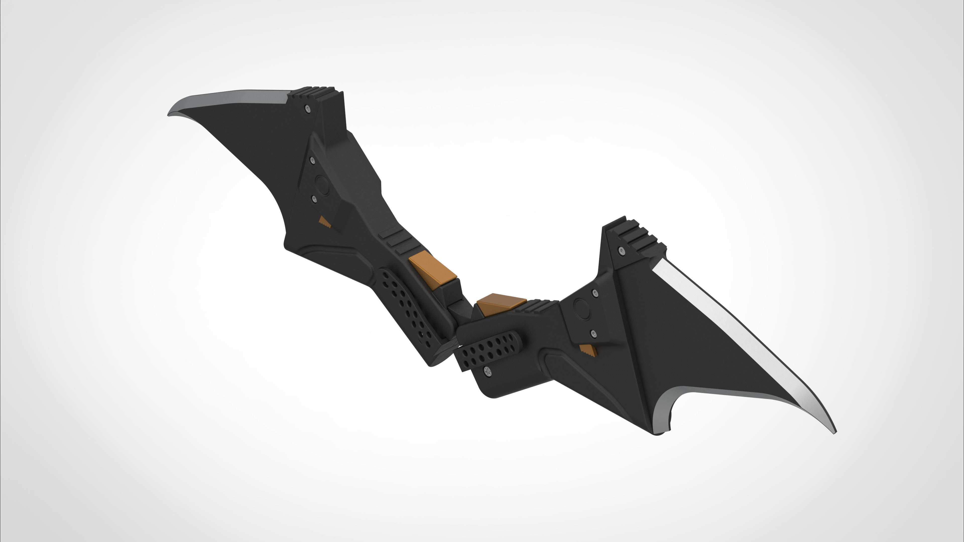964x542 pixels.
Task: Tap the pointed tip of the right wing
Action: pos(834,433)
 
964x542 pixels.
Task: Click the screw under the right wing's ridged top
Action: pos(622,250)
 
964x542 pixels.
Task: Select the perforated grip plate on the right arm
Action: pos(488,349)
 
